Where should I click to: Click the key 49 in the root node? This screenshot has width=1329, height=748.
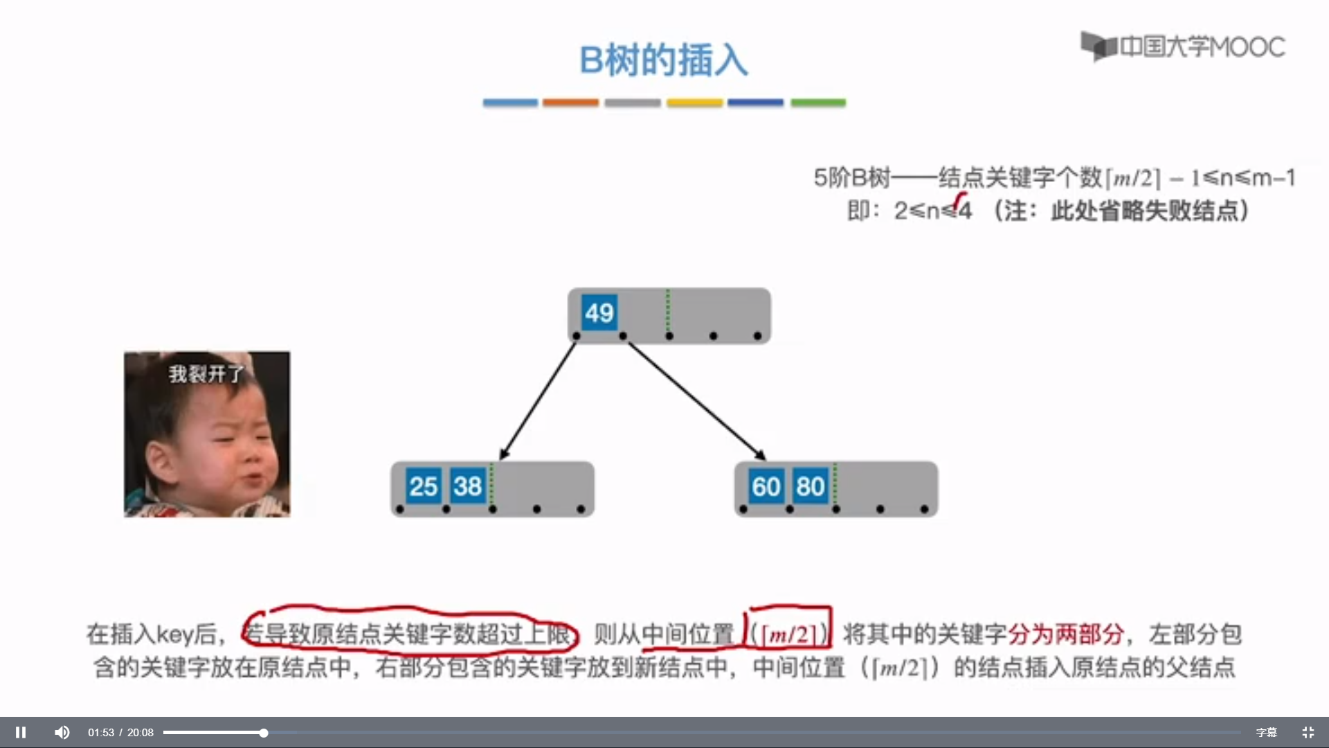coord(599,313)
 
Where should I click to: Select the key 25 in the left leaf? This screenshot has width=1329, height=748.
coord(423,486)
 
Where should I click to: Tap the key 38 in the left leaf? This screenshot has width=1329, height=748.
coord(467,486)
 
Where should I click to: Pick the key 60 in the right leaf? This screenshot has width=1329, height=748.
coord(766,486)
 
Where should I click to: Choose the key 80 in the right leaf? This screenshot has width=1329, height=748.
coord(810,486)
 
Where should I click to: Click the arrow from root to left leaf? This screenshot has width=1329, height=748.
coord(539,400)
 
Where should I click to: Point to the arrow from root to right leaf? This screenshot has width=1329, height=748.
coord(696,400)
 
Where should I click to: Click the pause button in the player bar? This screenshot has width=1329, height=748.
coord(21,732)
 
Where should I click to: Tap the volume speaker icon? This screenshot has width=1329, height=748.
coord(62,732)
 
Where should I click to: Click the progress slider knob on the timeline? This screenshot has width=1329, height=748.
coord(264,732)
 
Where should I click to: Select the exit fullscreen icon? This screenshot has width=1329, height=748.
coord(1308,732)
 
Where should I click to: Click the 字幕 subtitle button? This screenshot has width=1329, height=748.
coord(1266,732)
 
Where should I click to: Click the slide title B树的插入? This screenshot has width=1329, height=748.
coord(663,60)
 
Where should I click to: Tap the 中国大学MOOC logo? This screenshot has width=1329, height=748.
coord(1183,46)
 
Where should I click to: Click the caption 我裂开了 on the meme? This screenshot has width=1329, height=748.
coord(206,374)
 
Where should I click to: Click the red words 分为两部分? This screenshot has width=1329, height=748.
coord(1066,634)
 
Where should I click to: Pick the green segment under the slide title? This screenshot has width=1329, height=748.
coord(818,103)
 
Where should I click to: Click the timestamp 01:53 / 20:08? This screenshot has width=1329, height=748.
coord(120,732)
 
